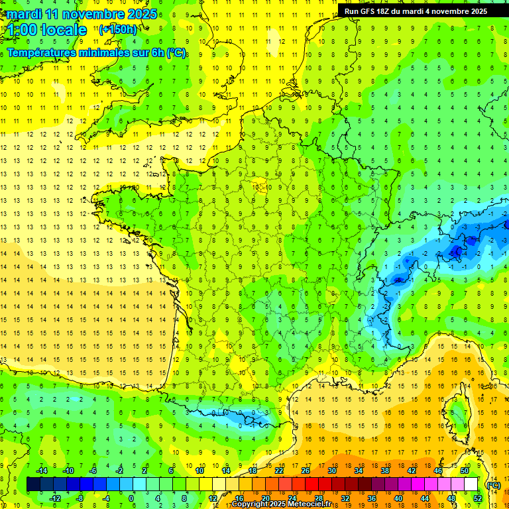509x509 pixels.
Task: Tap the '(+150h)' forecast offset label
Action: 118,29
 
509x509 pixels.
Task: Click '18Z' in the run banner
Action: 390,11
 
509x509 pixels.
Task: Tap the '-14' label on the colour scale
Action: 43,471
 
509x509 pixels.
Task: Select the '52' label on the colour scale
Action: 477,498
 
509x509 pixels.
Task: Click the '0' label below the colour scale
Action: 131,498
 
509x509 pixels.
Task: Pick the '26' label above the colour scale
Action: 306,471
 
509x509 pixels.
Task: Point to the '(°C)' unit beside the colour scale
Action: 493,484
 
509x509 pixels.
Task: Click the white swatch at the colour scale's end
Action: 471,484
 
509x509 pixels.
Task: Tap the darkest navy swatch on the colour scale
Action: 33,484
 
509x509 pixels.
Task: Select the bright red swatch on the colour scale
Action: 312,484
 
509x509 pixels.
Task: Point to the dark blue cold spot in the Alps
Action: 456,251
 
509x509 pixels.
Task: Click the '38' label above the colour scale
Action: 384,471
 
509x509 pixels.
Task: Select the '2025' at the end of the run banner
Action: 477,11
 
